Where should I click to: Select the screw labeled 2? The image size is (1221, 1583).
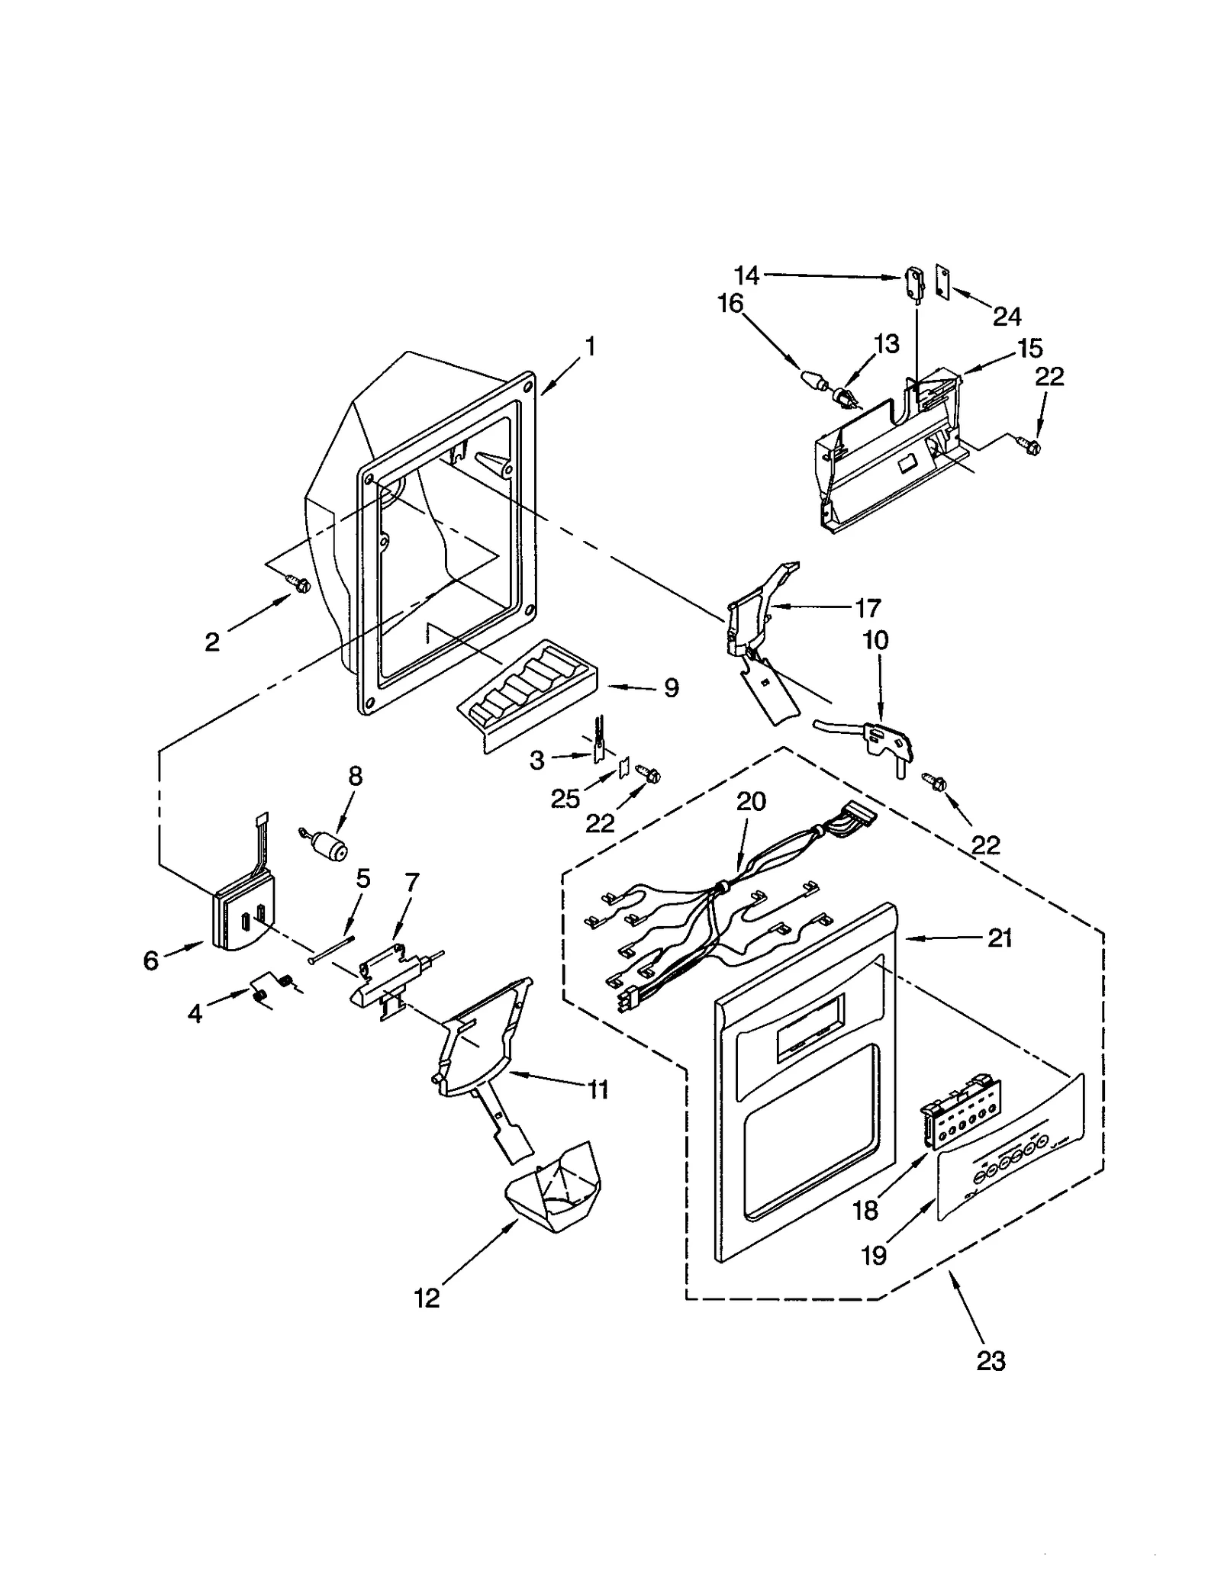pos(300,584)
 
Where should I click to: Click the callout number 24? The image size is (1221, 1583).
pos(1007,315)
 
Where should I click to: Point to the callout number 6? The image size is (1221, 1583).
pos(151,960)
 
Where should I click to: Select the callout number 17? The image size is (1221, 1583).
pos(867,608)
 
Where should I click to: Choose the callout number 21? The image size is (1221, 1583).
pos(1000,938)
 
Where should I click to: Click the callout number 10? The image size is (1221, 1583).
pos(875,639)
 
